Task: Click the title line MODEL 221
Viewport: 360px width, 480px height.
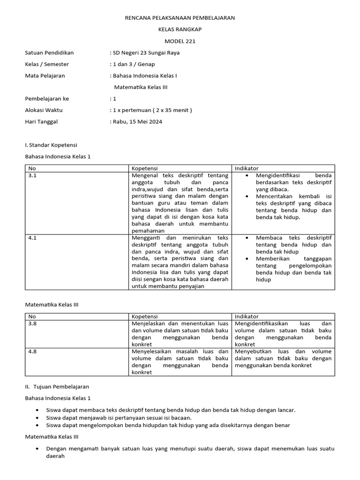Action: [180, 41]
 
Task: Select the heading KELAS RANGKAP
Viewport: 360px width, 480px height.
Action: [180, 30]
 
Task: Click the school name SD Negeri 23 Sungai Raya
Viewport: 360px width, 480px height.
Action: [145, 53]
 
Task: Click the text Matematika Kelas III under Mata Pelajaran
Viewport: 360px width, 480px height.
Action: [141, 87]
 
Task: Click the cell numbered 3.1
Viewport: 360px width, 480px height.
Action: [32, 175]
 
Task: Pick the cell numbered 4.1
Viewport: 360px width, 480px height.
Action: [32, 238]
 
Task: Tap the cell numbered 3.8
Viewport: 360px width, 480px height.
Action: [32, 323]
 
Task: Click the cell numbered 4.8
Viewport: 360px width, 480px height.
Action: [32, 351]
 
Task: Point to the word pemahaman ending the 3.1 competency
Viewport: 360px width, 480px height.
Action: [148, 231]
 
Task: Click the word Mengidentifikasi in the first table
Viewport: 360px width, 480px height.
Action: [277, 175]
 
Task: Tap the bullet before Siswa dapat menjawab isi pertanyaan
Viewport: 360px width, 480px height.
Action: [37, 418]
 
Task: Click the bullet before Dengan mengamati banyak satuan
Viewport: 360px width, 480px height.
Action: [37, 449]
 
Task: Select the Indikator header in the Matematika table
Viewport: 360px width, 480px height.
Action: [247, 316]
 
